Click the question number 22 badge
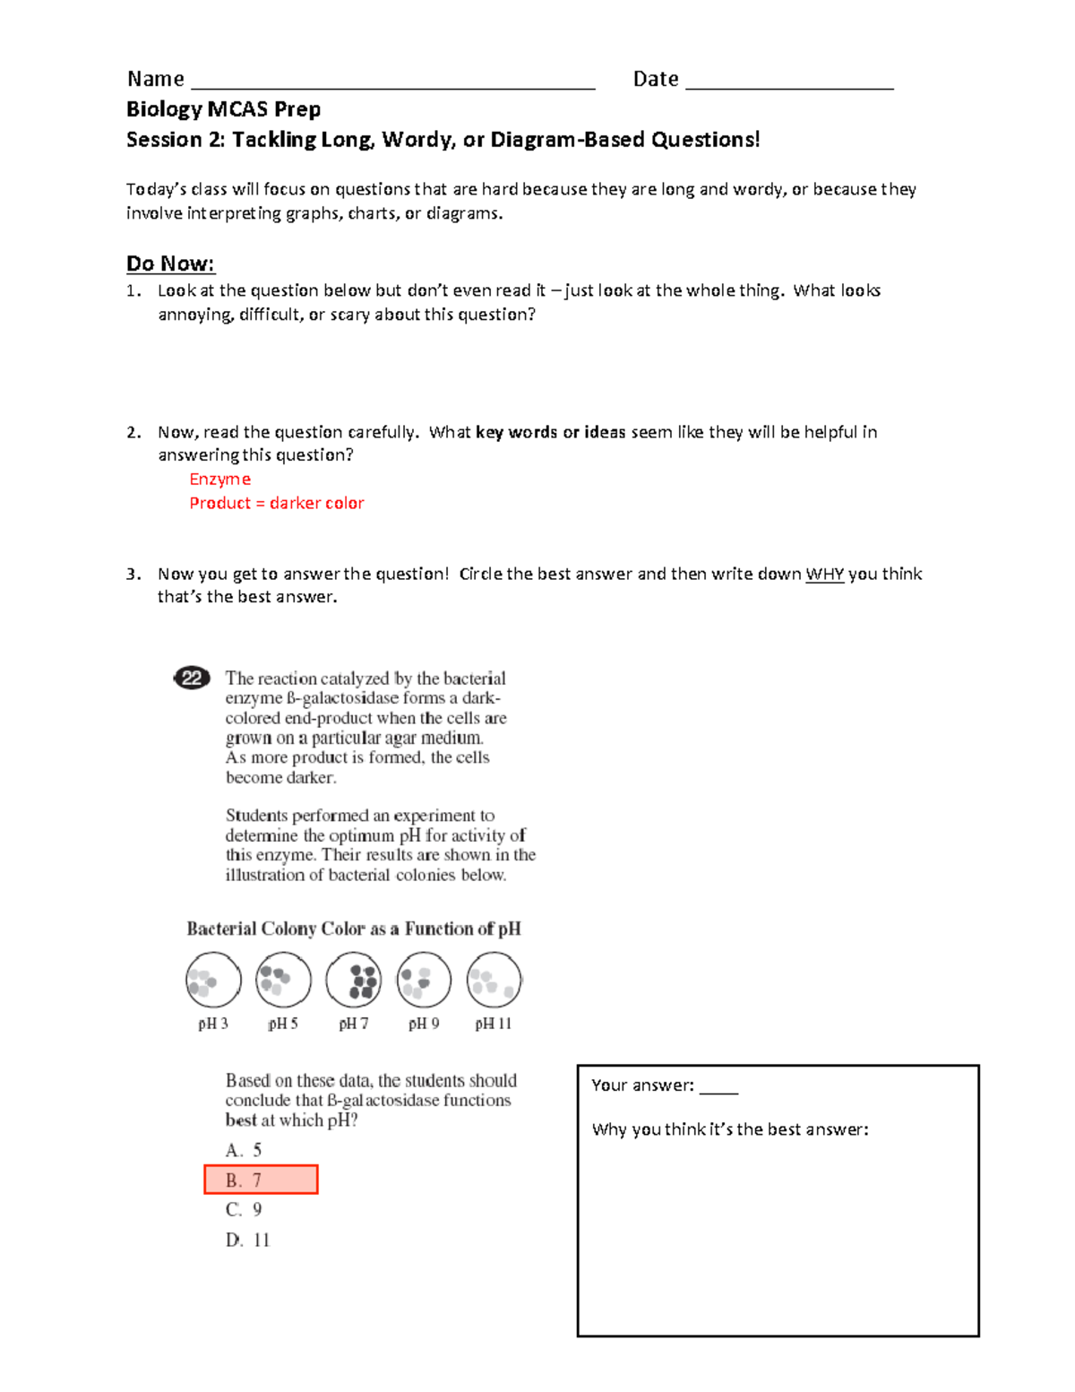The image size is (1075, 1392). [191, 678]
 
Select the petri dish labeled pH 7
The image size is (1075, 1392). [354, 980]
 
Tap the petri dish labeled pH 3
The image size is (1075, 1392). [213, 980]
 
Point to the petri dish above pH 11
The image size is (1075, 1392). [494, 980]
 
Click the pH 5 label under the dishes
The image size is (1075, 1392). [283, 1024]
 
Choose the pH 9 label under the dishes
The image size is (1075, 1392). [424, 1024]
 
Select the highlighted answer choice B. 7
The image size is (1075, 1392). [261, 1180]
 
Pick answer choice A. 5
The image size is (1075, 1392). [244, 1150]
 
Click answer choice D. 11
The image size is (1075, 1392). [247, 1240]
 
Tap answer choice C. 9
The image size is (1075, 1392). [244, 1210]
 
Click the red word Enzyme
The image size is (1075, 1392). [219, 480]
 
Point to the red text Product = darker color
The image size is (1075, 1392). [277, 503]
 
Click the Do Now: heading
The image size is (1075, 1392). [170, 264]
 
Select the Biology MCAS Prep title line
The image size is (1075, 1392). [223, 109]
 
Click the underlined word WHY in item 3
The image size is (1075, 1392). [824, 575]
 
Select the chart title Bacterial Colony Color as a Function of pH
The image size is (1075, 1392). [353, 929]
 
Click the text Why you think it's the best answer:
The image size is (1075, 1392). [730, 1129]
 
